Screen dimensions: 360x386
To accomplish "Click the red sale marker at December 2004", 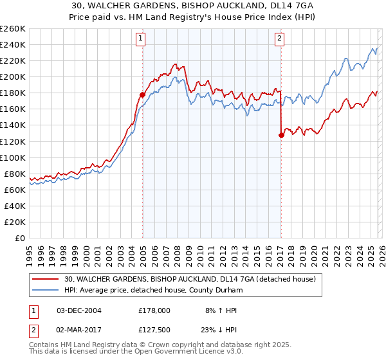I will (x=142, y=94).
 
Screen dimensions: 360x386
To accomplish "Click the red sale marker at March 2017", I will (x=281, y=135).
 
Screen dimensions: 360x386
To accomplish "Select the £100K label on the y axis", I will (x=13, y=157).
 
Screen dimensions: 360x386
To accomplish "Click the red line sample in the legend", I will (x=46, y=280).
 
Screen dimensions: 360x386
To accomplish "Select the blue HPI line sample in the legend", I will (x=46, y=291).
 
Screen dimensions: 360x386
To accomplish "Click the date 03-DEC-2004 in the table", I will (x=79, y=310).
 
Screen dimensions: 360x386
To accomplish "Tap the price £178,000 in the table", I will (x=154, y=310).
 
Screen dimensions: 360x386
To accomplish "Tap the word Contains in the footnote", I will (x=45, y=345).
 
